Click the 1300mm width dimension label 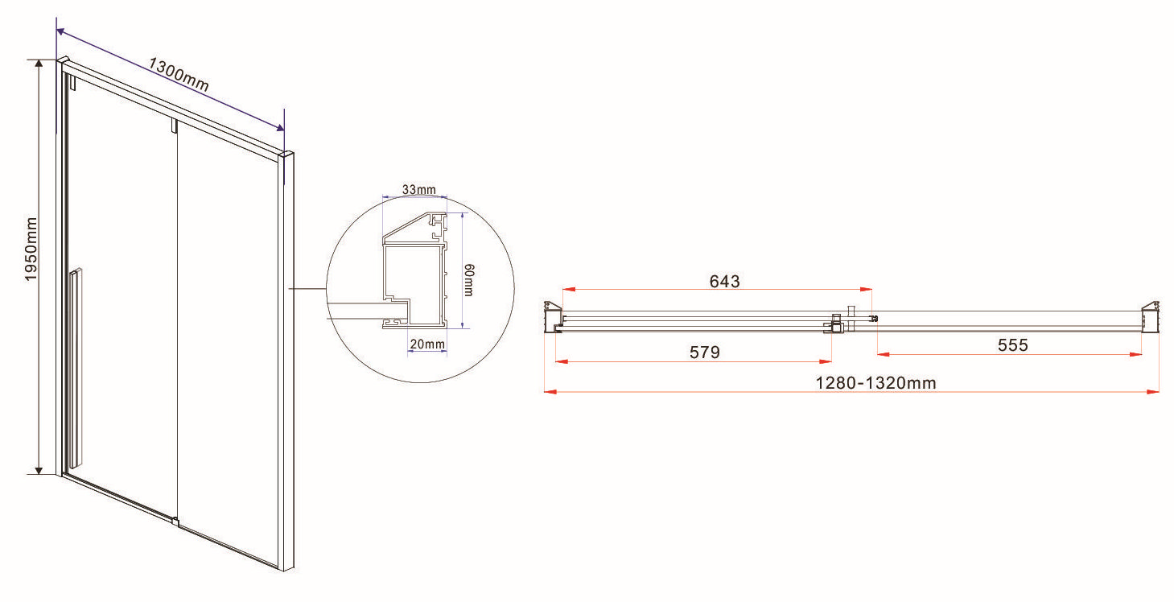(x=179, y=75)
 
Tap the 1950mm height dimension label (x=31, y=249)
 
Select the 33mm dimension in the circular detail (x=418, y=189)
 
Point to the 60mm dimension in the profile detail (x=469, y=280)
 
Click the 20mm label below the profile (x=427, y=344)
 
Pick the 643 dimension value (x=724, y=282)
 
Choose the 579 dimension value (x=704, y=353)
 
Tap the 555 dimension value (x=1012, y=345)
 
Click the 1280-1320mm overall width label (x=875, y=383)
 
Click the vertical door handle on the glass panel (x=76, y=367)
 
